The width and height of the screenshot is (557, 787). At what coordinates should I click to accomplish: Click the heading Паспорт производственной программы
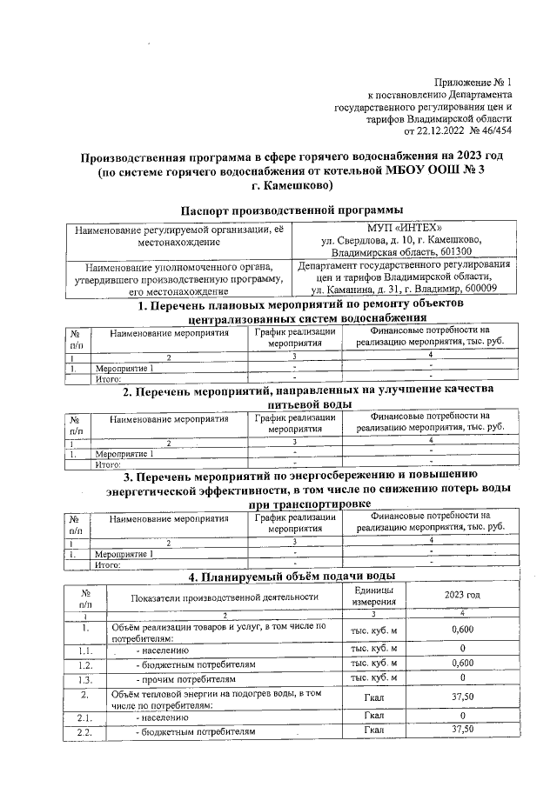click(292, 210)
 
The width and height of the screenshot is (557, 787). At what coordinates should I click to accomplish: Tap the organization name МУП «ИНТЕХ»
click(400, 229)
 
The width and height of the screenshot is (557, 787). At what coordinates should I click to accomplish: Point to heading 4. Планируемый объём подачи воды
click(292, 577)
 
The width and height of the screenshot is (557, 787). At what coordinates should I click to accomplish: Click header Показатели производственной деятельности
click(225, 597)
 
